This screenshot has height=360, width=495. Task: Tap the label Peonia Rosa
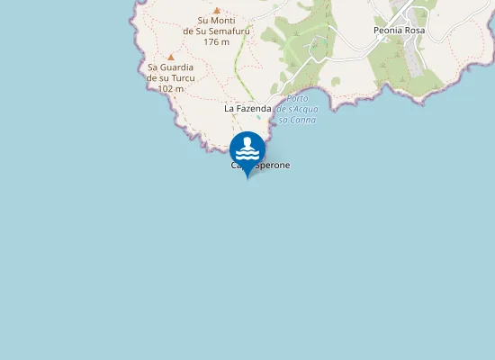coord(399,30)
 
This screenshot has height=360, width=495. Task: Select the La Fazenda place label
coord(247,108)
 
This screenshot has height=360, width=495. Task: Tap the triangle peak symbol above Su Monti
coord(216,10)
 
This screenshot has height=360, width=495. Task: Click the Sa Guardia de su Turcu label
coord(170,77)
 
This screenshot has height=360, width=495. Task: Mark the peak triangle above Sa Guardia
coord(170,57)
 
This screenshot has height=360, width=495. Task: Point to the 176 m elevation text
coord(217,41)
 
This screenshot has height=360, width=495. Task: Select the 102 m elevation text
coord(170,88)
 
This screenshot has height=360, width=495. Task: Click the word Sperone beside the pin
coord(271,166)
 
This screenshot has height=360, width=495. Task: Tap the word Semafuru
coord(229,31)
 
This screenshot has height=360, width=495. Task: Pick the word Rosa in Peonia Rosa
coord(414,30)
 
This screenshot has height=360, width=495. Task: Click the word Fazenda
coord(254,108)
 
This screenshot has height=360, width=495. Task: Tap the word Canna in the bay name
coord(300,120)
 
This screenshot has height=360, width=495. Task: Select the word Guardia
coord(176,67)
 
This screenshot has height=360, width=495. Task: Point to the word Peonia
coord(388,30)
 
